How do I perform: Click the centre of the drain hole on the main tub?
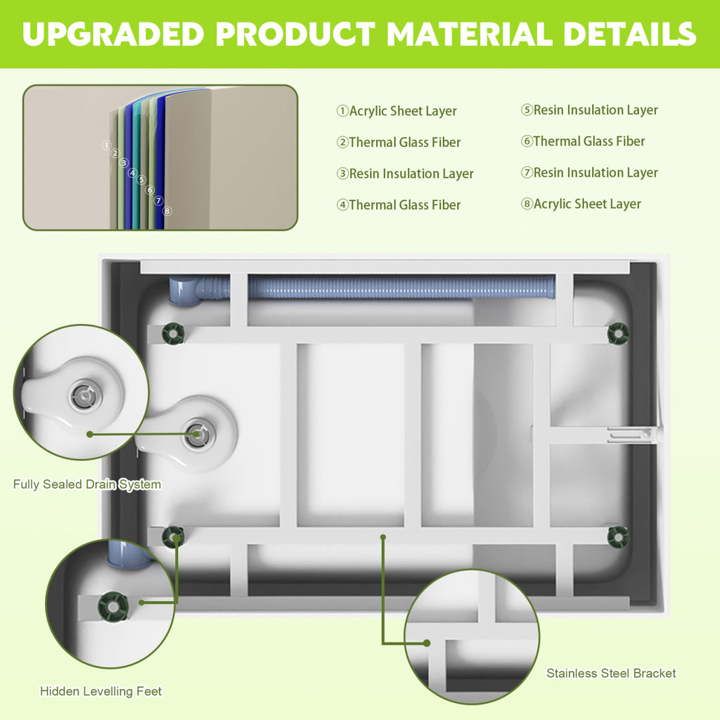point(198,434)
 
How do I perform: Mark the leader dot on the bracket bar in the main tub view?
point(383,536)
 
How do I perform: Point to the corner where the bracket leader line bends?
point(383,643)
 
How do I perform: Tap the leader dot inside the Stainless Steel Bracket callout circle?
point(427,643)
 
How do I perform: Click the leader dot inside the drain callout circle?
point(90,434)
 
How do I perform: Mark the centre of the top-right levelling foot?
point(618,333)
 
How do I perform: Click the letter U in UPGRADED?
point(34,34)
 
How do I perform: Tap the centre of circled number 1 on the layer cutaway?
point(106,145)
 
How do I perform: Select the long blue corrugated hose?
point(401,287)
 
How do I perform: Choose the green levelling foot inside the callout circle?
point(113,607)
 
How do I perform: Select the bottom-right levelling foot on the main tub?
point(618,537)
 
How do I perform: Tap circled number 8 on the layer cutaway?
point(167,211)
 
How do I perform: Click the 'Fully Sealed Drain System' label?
point(87,484)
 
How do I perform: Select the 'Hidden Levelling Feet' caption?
point(101,691)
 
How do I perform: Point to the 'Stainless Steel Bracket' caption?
point(611,673)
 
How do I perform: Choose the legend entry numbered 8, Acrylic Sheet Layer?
point(581,204)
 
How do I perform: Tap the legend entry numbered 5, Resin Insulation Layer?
point(589,110)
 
